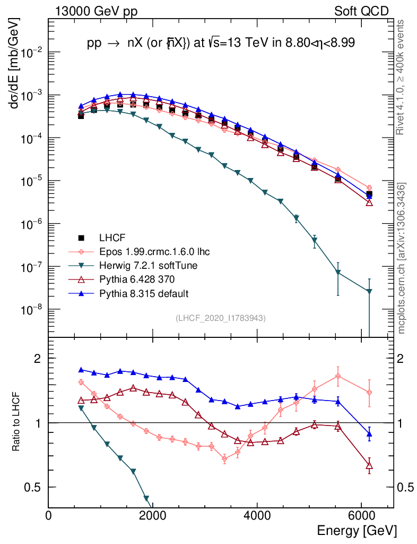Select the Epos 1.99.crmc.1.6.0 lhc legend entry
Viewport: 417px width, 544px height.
pyautogui.click(x=154, y=251)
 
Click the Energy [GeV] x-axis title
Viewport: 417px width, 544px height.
pyautogui.click(x=356, y=530)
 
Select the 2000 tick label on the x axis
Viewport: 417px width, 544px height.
pyautogui.click(x=153, y=515)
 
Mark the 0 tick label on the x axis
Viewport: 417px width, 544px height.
pyautogui.click(x=49, y=515)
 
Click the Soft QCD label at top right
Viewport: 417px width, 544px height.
pyautogui.click(x=361, y=11)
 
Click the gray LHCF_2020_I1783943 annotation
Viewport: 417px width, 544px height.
pyautogui.click(x=220, y=318)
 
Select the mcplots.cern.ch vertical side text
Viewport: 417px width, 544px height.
pyautogui.click(x=402, y=258)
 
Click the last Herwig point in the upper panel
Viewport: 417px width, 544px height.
pyautogui.click(x=369, y=291)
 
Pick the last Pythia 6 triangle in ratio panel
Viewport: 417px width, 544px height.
pyautogui.click(x=369, y=465)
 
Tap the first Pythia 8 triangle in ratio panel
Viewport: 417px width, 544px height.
pyautogui.click(x=81, y=370)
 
